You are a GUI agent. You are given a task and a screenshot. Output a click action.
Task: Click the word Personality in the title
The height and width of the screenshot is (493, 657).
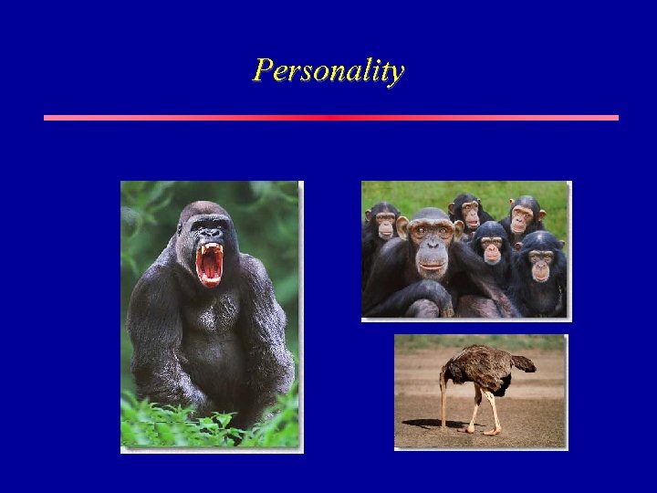(x=328, y=70)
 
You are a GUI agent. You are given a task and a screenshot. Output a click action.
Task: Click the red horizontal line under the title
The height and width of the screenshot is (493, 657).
(x=330, y=118)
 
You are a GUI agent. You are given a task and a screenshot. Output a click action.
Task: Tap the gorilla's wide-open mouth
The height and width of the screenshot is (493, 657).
(x=210, y=264)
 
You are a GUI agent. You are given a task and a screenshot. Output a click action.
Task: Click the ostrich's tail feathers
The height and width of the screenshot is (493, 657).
(x=523, y=362)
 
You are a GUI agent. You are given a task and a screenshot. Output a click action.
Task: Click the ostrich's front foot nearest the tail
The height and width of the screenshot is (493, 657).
(x=496, y=430)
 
